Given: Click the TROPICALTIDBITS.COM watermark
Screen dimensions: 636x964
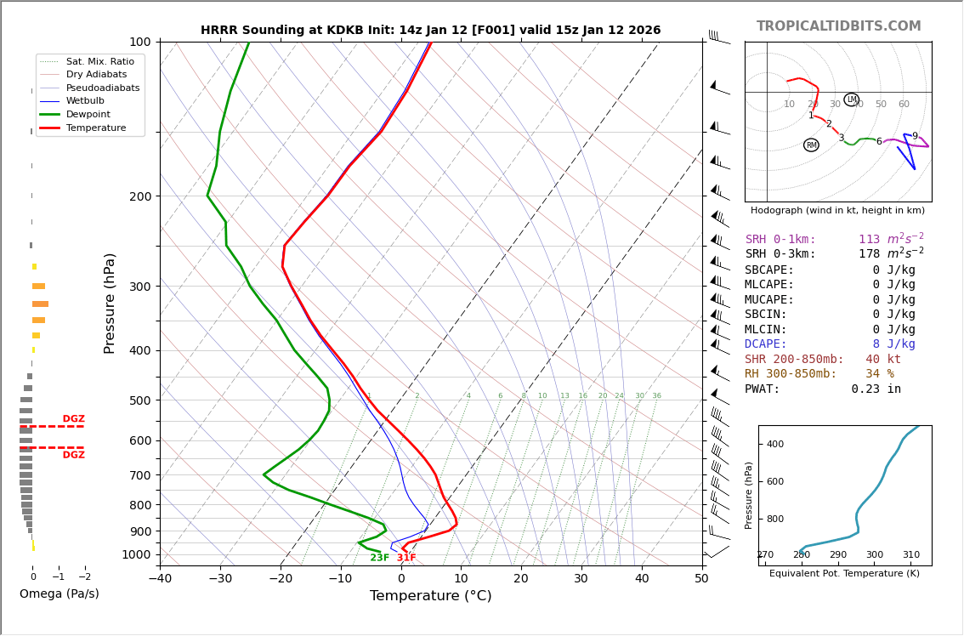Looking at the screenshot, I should click(x=838, y=26).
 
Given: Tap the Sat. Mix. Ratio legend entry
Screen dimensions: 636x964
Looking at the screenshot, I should click(x=99, y=62).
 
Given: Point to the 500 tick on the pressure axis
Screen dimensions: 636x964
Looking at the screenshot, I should click(x=140, y=400).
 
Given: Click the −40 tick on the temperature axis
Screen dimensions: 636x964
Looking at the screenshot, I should click(x=160, y=579).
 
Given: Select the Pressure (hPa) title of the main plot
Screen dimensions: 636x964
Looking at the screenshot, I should click(x=110, y=303).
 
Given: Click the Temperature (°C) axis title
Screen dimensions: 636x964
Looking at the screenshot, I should click(x=430, y=596).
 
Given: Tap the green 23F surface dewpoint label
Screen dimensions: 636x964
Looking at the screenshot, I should click(x=379, y=558).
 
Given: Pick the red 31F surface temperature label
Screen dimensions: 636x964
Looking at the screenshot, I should click(x=406, y=558).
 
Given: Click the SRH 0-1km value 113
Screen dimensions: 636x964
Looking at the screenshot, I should click(x=869, y=240).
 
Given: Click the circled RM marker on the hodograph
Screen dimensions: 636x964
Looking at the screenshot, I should click(x=811, y=145).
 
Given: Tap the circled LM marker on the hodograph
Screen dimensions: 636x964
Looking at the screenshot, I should click(x=851, y=99).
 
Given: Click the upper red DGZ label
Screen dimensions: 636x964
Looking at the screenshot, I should click(x=73, y=419).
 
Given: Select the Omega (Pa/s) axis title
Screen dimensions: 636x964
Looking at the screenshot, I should click(x=59, y=593).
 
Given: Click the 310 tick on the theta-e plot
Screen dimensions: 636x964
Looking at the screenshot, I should click(x=910, y=555).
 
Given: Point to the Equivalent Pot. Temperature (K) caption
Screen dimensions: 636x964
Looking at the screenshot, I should click(x=844, y=574).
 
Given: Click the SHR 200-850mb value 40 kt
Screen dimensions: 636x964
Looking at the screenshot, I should click(x=882, y=360).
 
